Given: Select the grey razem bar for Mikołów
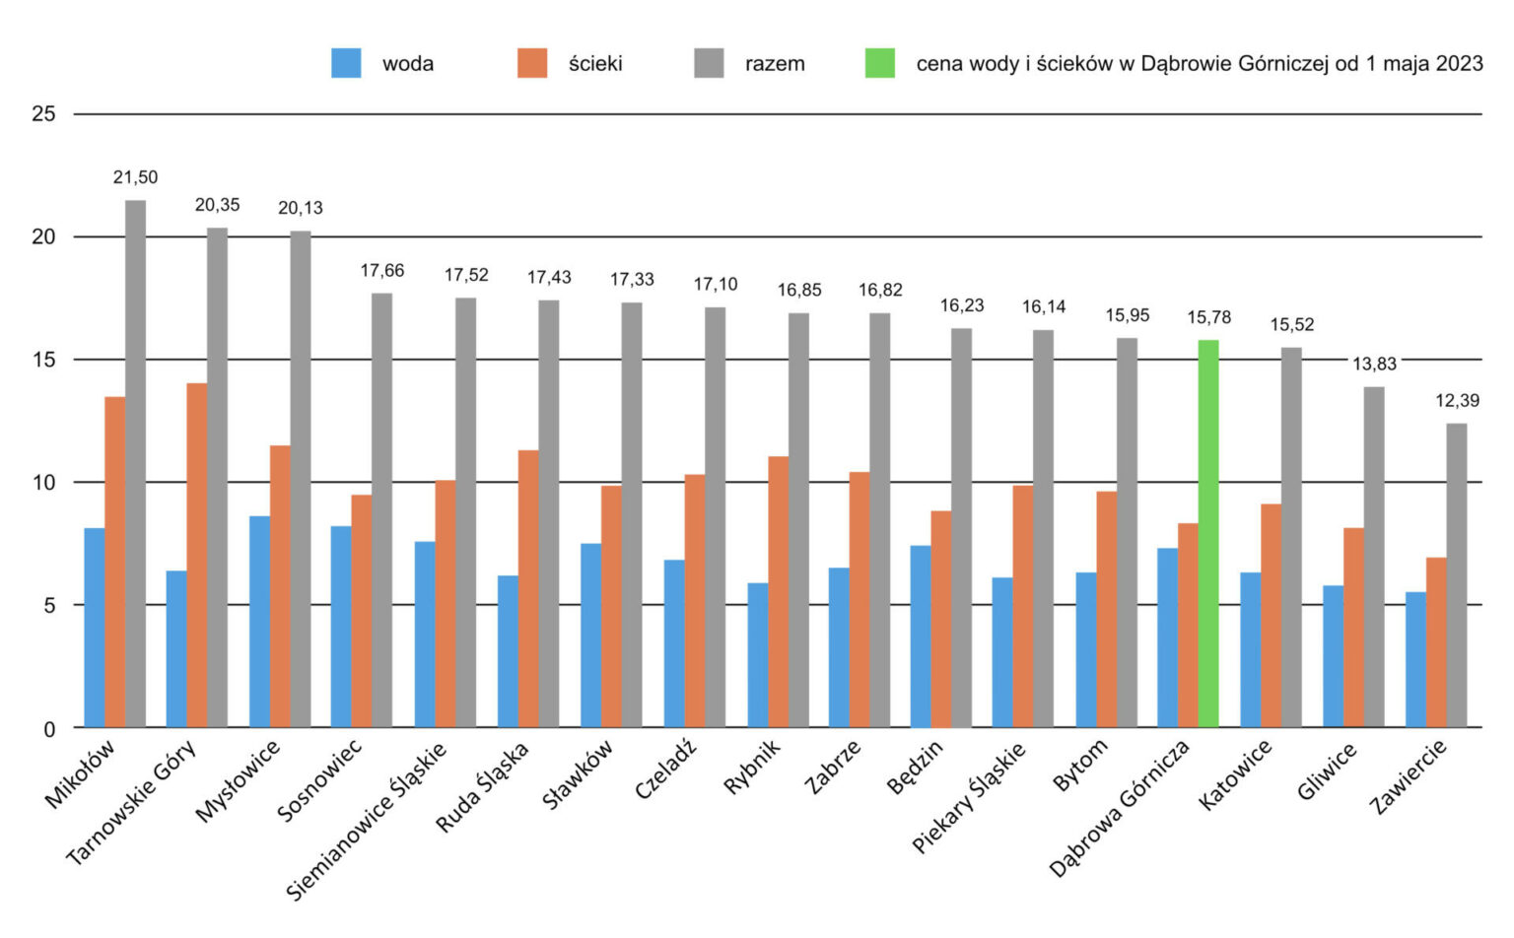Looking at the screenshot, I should [135, 463].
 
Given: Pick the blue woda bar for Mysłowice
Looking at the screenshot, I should [259, 622].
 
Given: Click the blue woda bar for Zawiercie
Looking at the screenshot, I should [1415, 659].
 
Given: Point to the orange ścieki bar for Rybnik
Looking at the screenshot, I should [779, 591].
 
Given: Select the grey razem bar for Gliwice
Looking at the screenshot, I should [1374, 557].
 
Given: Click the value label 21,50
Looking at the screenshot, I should [135, 177].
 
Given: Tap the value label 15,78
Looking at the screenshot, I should [1208, 317].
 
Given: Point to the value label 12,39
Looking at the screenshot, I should [1457, 400].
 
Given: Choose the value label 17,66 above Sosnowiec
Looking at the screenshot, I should [382, 270].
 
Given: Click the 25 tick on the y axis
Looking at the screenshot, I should [43, 114].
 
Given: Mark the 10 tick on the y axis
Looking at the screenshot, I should [43, 482].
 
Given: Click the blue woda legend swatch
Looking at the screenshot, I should [346, 63].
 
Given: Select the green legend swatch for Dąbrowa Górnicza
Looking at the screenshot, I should [879, 63].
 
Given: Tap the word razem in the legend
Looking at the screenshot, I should [775, 64].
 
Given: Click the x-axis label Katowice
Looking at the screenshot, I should [1236, 774].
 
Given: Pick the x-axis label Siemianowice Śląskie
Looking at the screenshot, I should [367, 820].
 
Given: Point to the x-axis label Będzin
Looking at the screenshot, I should [915, 767].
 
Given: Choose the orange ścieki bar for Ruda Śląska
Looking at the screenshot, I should [528, 588].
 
